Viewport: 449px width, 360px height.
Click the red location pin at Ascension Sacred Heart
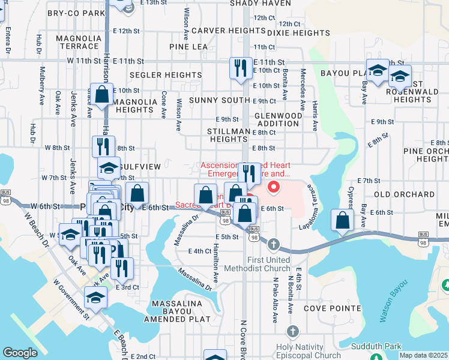point(274,187)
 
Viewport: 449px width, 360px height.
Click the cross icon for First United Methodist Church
point(274,244)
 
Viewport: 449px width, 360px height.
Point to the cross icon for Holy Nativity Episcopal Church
point(293,331)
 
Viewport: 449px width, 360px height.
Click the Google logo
point(20,353)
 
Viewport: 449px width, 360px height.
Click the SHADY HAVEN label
point(261,3)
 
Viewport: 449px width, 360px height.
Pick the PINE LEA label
point(188,46)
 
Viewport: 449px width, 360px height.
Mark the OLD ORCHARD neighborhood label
point(404,195)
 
